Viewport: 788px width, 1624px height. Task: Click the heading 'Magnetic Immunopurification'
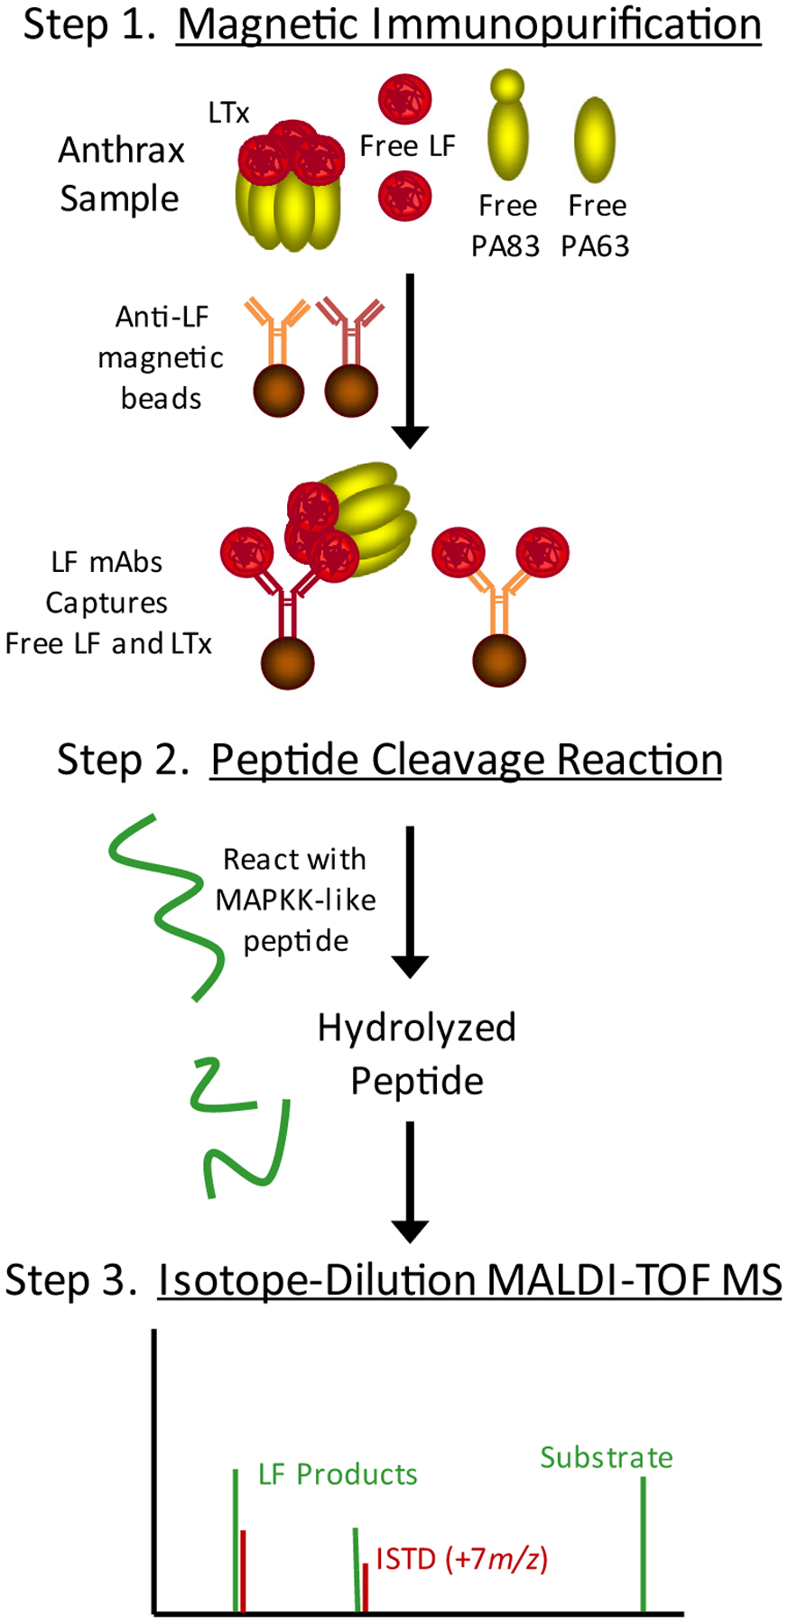469,24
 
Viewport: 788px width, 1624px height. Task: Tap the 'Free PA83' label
506,226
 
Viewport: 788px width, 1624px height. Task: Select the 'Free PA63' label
596,226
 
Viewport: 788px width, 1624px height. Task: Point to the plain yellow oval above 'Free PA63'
595,139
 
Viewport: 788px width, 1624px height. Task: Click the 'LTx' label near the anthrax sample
228,113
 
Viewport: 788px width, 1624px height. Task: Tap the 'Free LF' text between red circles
407,146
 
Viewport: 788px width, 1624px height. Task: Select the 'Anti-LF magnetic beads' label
161,357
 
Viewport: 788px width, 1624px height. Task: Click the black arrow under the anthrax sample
411,361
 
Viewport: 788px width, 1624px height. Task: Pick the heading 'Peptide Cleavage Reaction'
466,760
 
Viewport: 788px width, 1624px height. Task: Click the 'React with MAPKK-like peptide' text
295,900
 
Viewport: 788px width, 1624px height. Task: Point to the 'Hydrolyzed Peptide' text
416,1054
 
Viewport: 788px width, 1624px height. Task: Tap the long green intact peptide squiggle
167,907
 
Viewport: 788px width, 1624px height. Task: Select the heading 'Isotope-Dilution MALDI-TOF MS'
469,1280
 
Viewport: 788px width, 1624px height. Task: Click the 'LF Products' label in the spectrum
338,1474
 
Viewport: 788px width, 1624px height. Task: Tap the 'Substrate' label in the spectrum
607,1457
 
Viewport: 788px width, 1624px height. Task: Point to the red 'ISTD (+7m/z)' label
461,1558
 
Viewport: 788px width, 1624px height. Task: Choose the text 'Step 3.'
71,1280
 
